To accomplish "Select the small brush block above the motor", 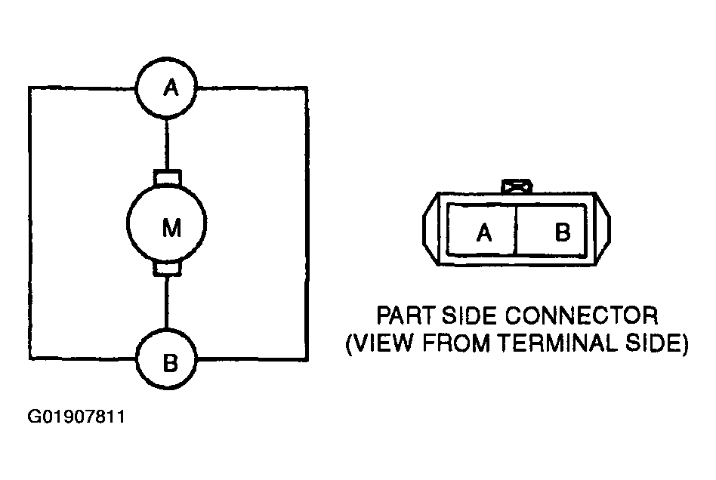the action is pyautogui.click(x=167, y=177).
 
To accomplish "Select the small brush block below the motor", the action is pyautogui.click(x=167, y=269).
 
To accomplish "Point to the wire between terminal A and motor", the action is pyautogui.click(x=167, y=144).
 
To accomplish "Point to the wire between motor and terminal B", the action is pyautogui.click(x=167, y=303).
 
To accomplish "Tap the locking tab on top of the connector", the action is pyautogui.click(x=517, y=186).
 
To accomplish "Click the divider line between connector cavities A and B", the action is pyautogui.click(x=517, y=230).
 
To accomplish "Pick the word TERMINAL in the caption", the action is pyautogui.click(x=557, y=343).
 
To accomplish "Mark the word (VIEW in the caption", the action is pyautogui.click(x=379, y=343).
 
